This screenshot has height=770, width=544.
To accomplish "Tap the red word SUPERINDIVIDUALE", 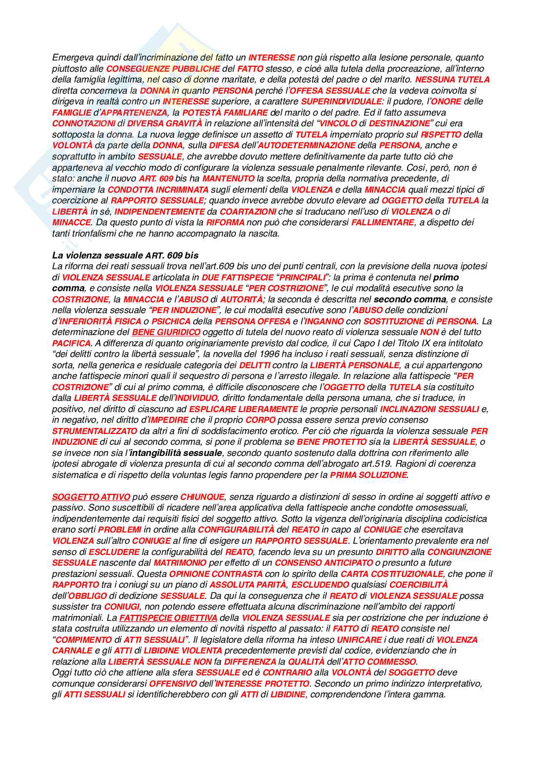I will (341, 101).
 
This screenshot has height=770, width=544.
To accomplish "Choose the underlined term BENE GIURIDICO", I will (166, 332).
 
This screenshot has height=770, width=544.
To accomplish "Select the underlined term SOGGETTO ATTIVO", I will (91, 497).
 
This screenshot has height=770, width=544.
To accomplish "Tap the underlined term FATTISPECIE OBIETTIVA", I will (168, 618).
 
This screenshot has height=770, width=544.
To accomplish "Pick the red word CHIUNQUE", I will (202, 497).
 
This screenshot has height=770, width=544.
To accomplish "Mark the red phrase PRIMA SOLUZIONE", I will (368, 475).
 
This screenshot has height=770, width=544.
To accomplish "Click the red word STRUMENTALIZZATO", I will (95, 431).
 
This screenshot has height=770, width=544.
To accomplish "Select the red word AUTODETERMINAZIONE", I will (307, 145).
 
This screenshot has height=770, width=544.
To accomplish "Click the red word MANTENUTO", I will (229, 178).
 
